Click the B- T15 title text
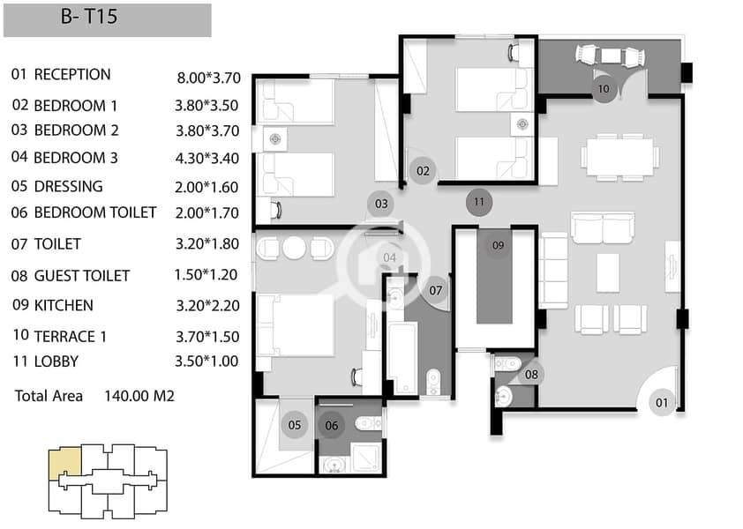(89, 17)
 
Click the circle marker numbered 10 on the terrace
(604, 88)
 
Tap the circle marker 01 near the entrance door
(662, 403)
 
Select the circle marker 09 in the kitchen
(498, 245)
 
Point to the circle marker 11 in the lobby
(479, 202)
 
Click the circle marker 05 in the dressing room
(294, 425)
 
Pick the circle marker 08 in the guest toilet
(531, 375)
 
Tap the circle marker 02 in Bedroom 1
(423, 170)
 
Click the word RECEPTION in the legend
(72, 74)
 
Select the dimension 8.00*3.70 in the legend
(208, 78)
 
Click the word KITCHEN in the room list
(64, 305)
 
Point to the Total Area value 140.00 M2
(139, 396)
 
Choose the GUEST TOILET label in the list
(82, 276)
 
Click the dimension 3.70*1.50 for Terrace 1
(207, 337)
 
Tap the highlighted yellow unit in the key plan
(65, 465)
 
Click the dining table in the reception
(620, 157)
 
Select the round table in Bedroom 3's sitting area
(294, 248)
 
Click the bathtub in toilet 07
(402, 358)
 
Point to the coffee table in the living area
(607, 272)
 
